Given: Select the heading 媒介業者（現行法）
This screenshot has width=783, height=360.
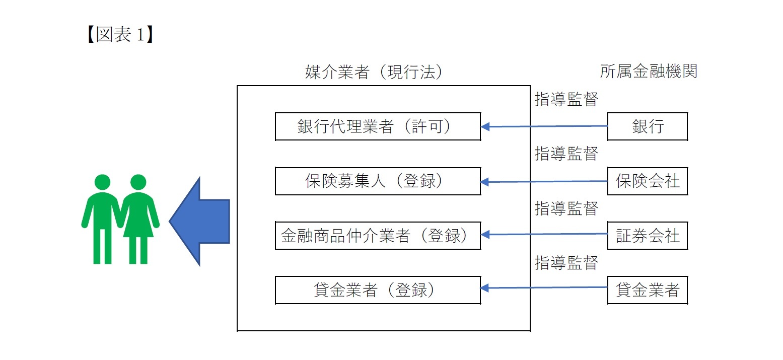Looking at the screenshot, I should [x=375, y=72].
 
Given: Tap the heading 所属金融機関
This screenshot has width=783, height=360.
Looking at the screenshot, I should [x=649, y=71].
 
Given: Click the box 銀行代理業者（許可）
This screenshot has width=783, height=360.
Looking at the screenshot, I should [x=378, y=126].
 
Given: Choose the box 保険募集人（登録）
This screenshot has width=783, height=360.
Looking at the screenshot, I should [x=378, y=181].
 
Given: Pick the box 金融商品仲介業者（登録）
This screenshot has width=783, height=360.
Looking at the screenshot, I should [x=378, y=235].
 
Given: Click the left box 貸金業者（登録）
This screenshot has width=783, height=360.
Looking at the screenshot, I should [x=378, y=290].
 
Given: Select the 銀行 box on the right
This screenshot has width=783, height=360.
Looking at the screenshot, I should [x=648, y=126].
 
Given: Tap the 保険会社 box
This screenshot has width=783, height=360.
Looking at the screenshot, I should [x=648, y=181].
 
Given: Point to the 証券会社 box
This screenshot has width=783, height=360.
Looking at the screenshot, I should [x=648, y=235].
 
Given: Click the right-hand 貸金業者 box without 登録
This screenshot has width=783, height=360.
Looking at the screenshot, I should [x=648, y=290].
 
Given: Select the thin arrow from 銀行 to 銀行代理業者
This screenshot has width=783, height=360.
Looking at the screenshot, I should [x=544, y=126].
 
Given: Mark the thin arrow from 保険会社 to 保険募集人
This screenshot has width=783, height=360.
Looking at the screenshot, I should [x=544, y=182].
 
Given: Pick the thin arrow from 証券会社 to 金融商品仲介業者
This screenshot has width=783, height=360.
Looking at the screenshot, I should [x=544, y=234].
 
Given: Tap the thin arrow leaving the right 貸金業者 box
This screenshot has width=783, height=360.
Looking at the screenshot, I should [x=544, y=287].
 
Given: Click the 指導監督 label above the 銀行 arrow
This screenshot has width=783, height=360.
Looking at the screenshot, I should [x=566, y=100].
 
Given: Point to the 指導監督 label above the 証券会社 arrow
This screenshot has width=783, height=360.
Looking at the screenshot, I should [x=566, y=207].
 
